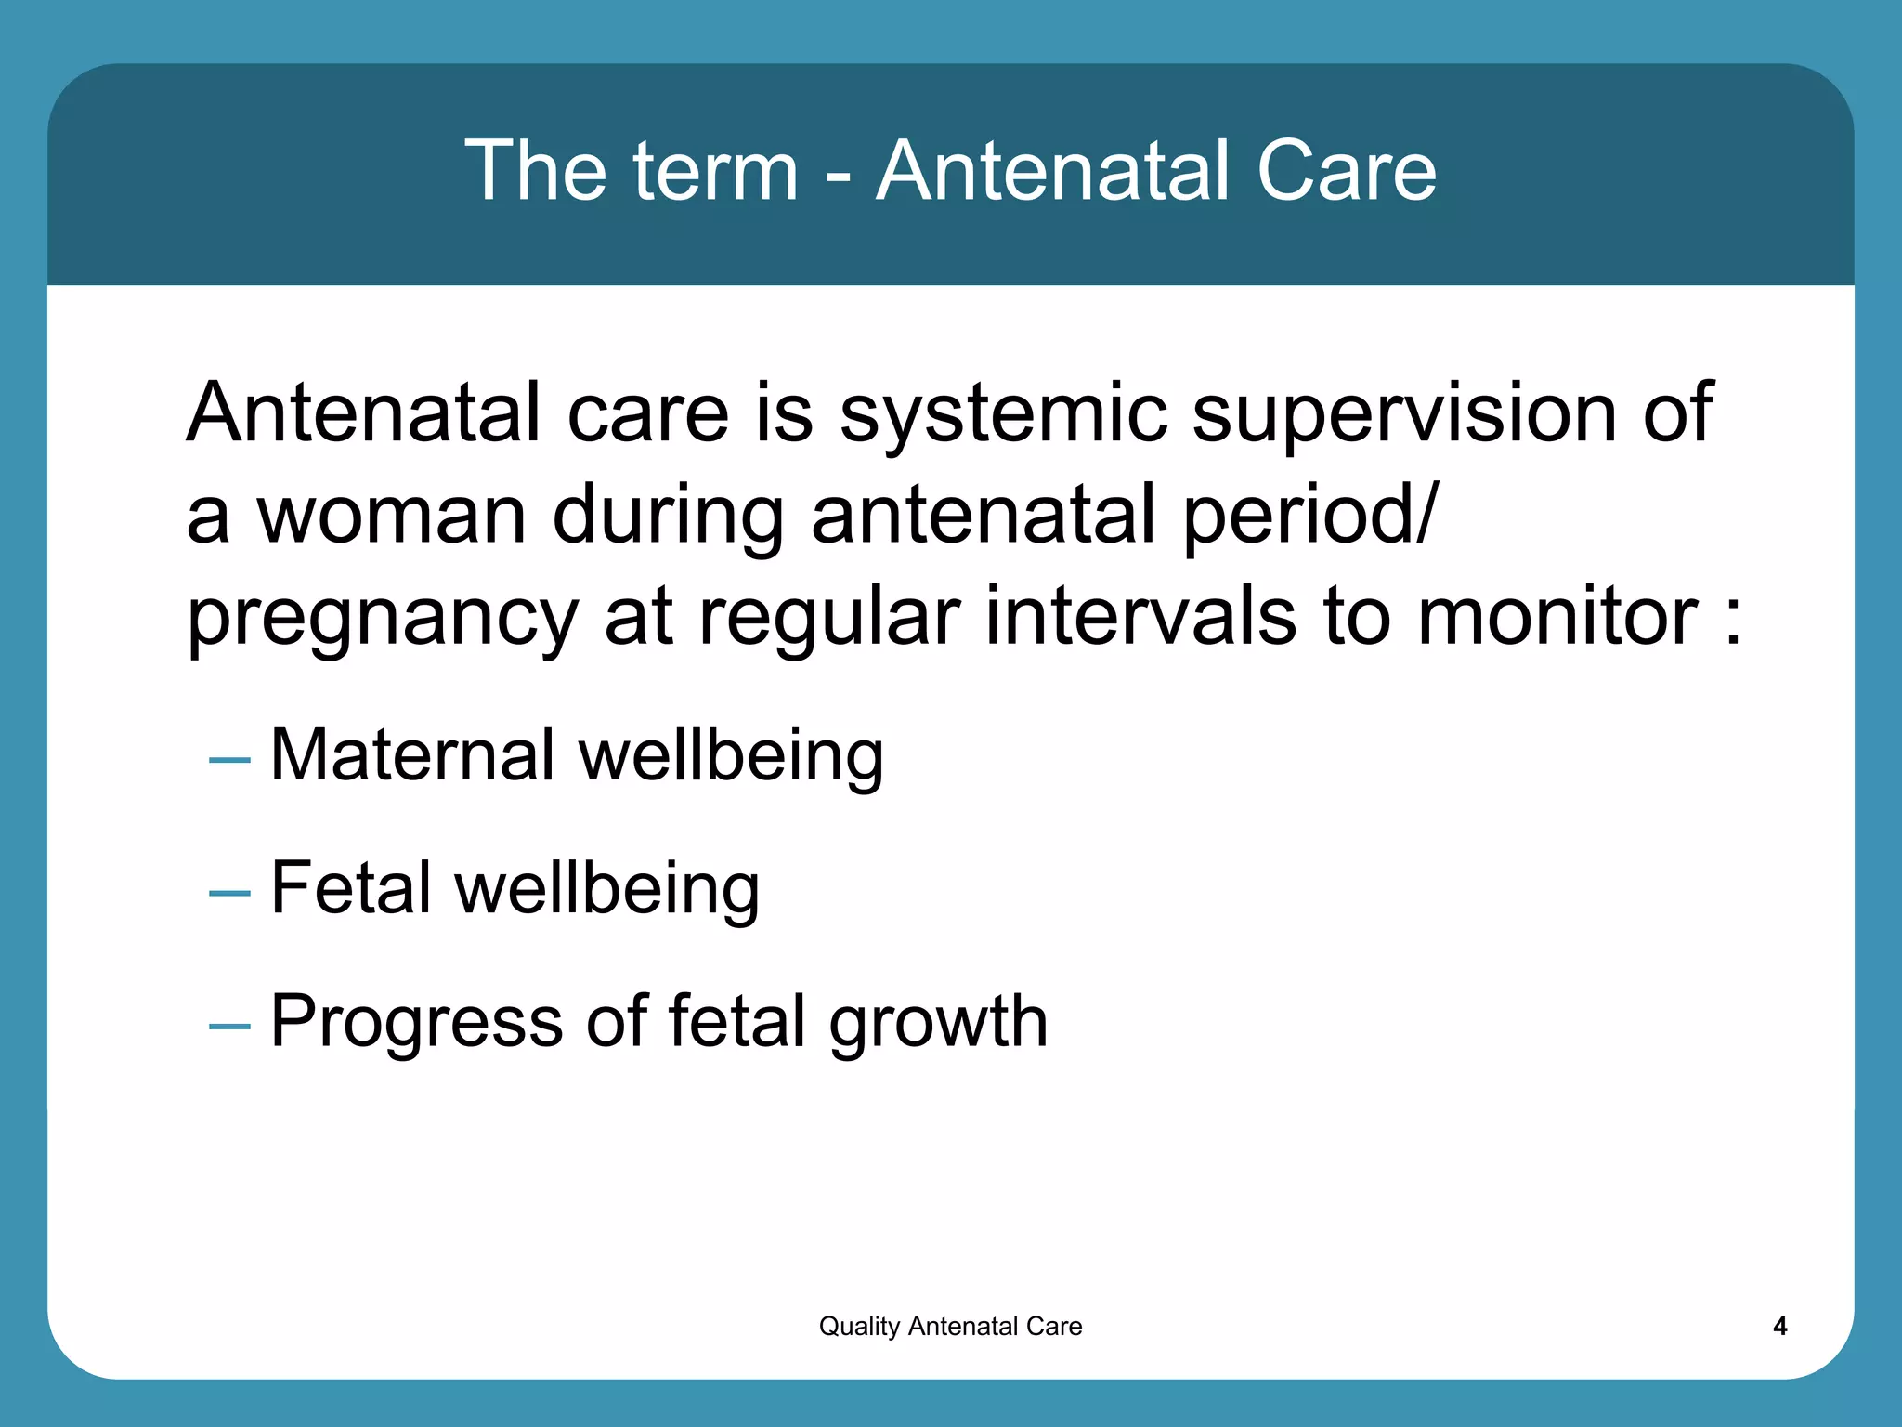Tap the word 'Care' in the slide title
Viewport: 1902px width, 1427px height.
[x=1346, y=171]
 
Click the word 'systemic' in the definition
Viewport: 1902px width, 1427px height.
[x=1003, y=414]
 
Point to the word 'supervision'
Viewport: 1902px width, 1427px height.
[x=1403, y=414]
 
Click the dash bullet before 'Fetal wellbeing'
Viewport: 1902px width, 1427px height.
[x=229, y=894]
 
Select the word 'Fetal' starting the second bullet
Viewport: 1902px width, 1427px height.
[x=351, y=888]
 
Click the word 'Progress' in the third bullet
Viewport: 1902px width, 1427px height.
[x=416, y=1022]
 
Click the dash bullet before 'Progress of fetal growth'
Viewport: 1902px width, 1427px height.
[x=229, y=1027]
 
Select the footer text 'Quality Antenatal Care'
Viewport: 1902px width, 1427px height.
[x=950, y=1326]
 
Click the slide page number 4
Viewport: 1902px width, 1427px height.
[x=1779, y=1326]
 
